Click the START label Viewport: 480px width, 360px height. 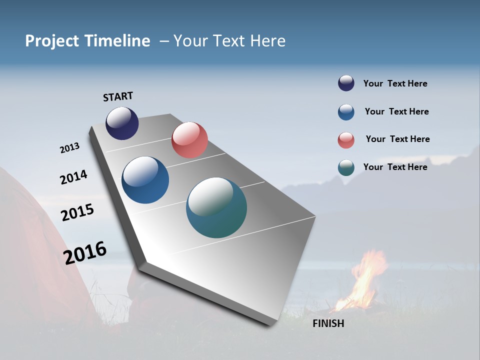point(118,96)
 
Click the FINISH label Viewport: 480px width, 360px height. point(328,323)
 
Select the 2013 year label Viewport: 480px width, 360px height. point(69,148)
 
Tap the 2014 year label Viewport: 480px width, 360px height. point(73,177)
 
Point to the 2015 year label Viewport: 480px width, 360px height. point(77,212)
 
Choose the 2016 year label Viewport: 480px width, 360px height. point(85,252)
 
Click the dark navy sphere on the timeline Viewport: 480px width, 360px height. point(122,123)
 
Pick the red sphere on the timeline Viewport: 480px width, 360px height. point(189,140)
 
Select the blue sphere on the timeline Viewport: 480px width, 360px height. point(145,180)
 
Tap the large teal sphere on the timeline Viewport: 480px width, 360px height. point(216,207)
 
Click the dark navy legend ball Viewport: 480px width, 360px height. point(346,83)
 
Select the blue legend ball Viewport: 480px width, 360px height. point(346,112)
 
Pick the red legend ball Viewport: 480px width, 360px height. point(346,140)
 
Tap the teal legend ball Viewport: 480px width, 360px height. point(346,168)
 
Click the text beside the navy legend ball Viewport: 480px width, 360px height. point(395,83)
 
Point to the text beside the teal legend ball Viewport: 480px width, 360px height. point(395,167)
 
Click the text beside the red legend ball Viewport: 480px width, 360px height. point(397,139)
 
